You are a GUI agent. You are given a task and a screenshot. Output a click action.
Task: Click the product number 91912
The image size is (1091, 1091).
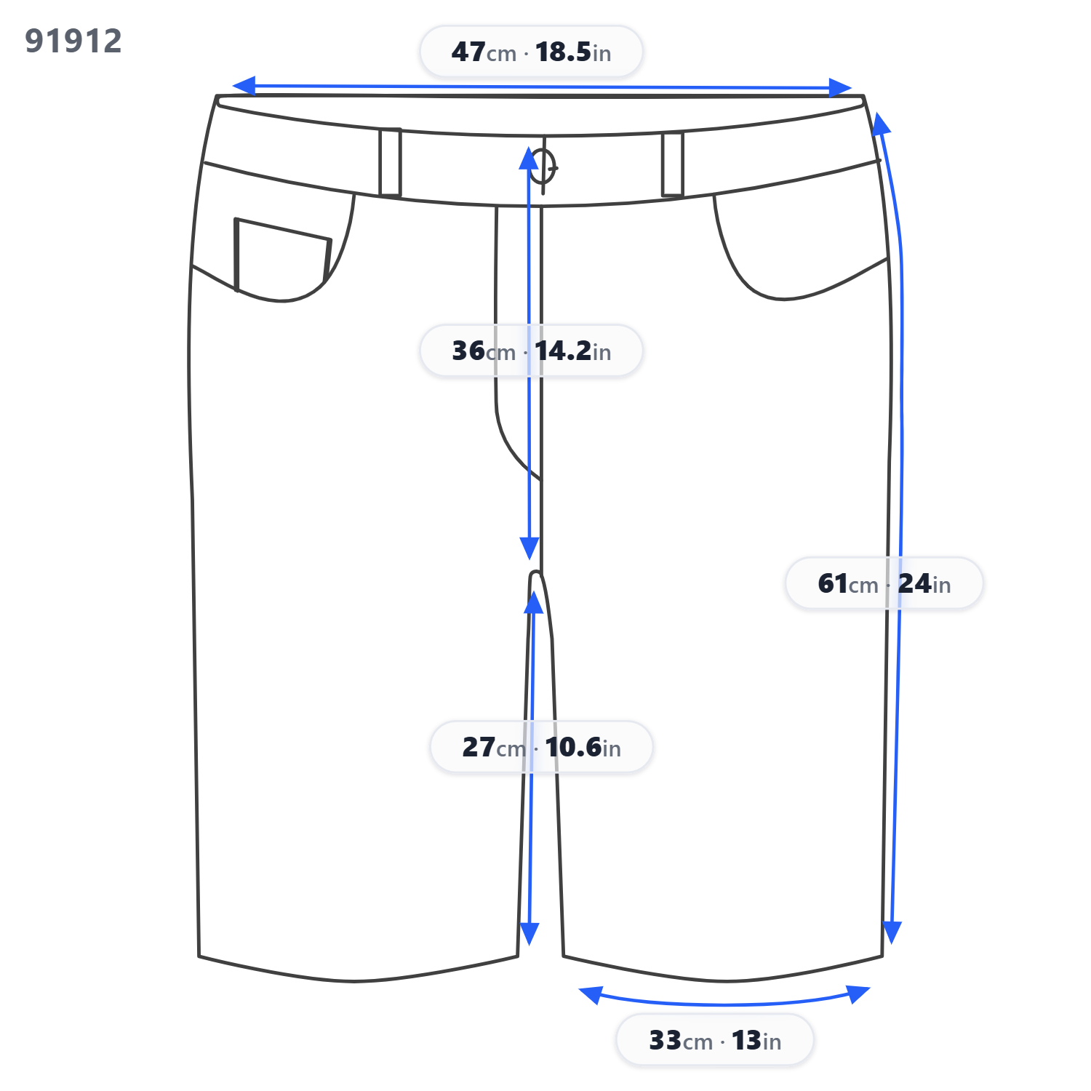coord(73,41)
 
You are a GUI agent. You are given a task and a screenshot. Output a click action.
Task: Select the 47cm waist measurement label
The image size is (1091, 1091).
coord(531,52)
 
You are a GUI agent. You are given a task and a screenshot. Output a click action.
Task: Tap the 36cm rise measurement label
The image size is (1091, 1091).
coord(531,351)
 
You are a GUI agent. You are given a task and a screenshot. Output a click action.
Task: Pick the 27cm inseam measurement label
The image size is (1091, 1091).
coord(541,747)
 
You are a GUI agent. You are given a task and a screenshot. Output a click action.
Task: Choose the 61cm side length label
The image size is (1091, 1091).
coord(884,583)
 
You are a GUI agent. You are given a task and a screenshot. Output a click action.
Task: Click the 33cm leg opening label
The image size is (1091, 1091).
coord(715,1040)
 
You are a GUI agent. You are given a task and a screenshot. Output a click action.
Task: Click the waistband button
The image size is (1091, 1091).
coord(543,167)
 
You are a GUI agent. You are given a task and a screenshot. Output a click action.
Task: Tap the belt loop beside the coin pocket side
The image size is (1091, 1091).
coord(390,162)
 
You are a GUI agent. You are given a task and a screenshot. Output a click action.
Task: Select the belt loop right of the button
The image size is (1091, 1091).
coord(673,164)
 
